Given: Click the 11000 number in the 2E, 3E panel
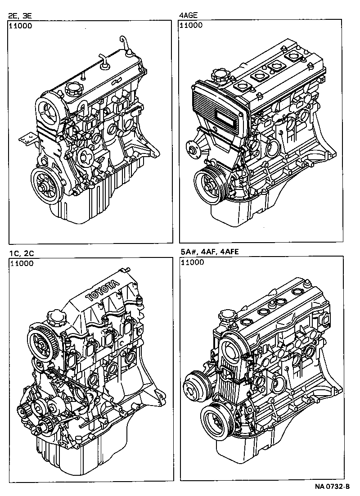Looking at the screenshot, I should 21,26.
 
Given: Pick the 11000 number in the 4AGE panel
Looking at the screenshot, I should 191,26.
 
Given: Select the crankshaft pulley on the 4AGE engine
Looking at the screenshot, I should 209,184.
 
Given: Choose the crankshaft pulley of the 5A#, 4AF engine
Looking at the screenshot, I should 217,422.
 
